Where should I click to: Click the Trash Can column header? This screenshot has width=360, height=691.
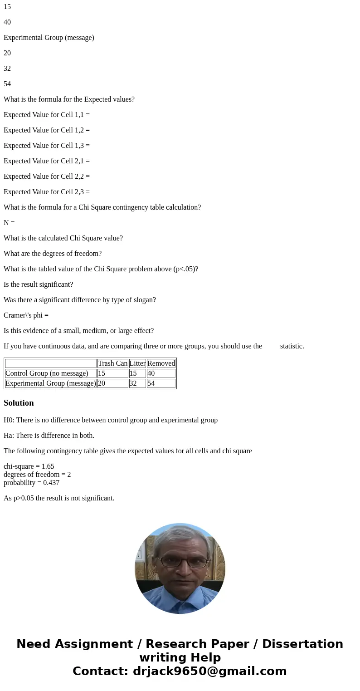[x=112, y=363]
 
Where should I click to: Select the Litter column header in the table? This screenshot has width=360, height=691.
[x=137, y=363]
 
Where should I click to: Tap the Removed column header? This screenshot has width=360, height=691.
[x=161, y=363]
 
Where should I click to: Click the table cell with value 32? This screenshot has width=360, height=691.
[x=137, y=383]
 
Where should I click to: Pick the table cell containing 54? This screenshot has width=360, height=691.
[x=161, y=383]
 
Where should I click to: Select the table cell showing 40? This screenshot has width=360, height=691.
[x=161, y=373]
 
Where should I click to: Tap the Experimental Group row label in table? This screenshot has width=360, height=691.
[x=50, y=383]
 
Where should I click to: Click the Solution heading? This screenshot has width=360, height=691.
[x=19, y=403]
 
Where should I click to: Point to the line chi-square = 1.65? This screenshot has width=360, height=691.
[x=29, y=466]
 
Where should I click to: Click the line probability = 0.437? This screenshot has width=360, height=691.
[x=31, y=483]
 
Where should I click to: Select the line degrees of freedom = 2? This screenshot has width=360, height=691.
[x=37, y=475]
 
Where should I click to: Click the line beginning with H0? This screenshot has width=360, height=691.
[x=111, y=420]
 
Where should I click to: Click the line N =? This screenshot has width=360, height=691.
[x=9, y=223]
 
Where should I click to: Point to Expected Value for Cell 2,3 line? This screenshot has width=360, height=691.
[x=47, y=192]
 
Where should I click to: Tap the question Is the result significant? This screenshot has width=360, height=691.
[x=38, y=284]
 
